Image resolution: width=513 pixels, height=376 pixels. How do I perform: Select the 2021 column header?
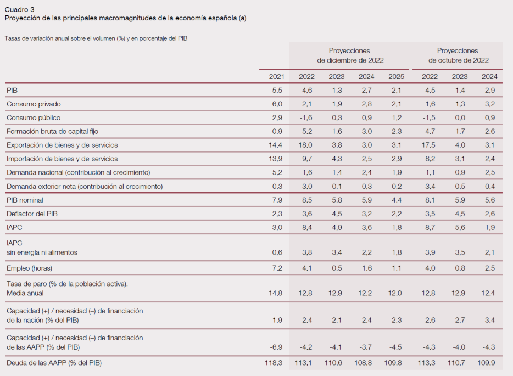click(x=276, y=76)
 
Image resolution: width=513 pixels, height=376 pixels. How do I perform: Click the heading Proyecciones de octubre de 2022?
click(x=458, y=55)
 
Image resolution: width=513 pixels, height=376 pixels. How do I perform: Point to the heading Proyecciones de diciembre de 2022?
click(x=350, y=55)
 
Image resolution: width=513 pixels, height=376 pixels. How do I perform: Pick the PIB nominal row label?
click(x=25, y=200)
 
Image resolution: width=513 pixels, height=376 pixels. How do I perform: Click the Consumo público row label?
click(x=34, y=117)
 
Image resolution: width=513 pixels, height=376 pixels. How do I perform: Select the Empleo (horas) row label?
click(x=31, y=268)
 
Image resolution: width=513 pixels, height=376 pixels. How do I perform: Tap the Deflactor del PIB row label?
click(x=32, y=214)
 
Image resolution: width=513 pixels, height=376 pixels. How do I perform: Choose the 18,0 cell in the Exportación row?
click(x=306, y=145)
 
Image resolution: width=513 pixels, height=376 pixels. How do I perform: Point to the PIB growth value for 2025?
click(x=396, y=90)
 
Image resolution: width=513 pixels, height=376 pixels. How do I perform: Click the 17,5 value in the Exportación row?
click(x=430, y=145)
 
